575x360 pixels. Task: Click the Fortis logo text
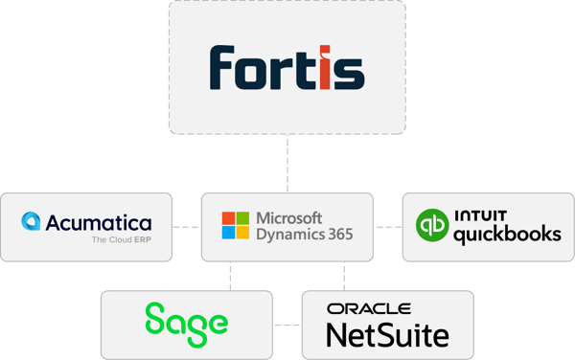[287, 67]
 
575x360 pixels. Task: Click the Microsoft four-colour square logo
[235, 226]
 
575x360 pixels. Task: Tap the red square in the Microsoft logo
[227, 218]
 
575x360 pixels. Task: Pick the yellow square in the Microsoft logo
[242, 234]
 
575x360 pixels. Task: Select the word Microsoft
[288, 217]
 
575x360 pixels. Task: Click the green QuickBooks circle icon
[431, 227]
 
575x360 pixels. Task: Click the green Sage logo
[186, 320]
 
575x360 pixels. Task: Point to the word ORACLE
[368, 308]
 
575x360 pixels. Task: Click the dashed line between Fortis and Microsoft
[287, 163]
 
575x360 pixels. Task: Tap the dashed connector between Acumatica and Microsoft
[186, 227]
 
